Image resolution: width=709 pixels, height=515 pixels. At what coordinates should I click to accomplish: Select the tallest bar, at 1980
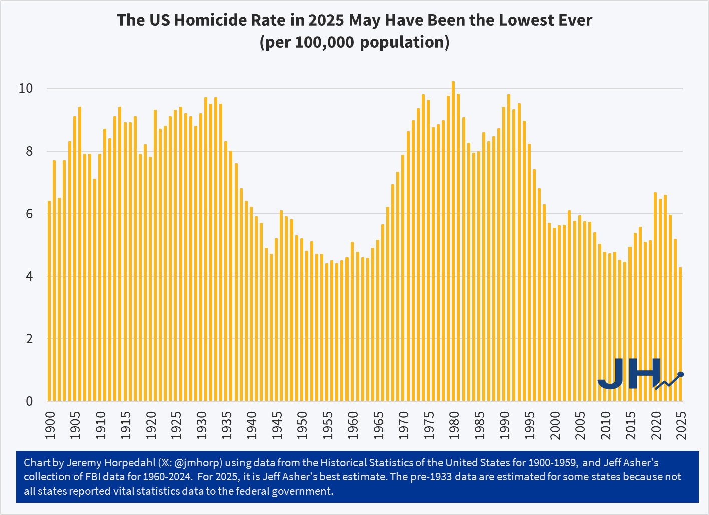click(453, 241)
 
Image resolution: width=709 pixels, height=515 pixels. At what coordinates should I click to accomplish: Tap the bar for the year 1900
click(49, 301)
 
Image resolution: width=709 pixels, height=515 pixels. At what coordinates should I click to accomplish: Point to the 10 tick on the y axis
click(26, 89)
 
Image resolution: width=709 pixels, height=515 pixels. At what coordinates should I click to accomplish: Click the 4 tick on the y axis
click(29, 276)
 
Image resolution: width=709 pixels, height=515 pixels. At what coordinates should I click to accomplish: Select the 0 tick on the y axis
click(29, 401)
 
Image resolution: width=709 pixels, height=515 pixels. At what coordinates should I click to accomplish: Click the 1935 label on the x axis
click(227, 425)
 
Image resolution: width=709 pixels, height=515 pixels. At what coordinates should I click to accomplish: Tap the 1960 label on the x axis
click(353, 425)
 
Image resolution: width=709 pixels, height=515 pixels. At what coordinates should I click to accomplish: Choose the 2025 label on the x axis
click(681, 425)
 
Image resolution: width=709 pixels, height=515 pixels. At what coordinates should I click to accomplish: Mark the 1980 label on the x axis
click(454, 425)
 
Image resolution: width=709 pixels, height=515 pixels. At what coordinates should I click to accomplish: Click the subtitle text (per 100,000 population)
click(354, 42)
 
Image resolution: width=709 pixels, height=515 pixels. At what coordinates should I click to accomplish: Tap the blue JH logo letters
click(629, 373)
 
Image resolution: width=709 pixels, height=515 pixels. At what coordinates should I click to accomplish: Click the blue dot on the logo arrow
click(680, 374)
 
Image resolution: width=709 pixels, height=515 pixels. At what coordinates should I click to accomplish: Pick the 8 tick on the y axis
click(29, 151)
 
